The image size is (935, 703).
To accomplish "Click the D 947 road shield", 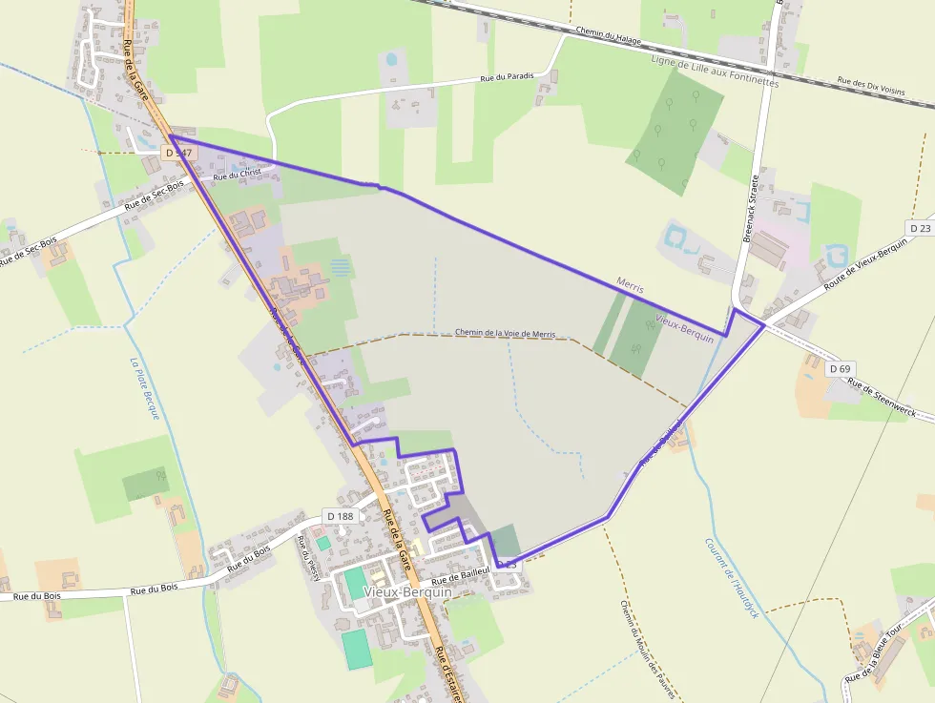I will (178, 153).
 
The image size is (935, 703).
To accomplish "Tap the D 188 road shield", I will (340, 516).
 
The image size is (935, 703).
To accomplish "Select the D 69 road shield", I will (840, 368).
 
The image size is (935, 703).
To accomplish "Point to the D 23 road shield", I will (920, 228).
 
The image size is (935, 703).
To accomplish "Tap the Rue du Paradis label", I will (508, 77).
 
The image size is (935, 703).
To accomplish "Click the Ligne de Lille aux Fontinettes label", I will (715, 72).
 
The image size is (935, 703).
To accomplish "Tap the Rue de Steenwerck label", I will (881, 400).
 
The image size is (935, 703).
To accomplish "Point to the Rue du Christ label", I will (237, 175).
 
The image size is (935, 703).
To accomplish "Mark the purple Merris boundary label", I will (631, 283).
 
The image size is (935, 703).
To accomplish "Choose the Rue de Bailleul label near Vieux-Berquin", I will (460, 575).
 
